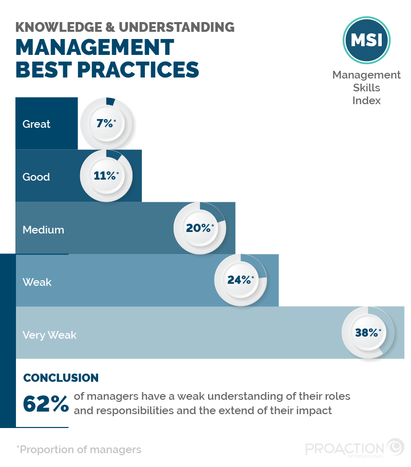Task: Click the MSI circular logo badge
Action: coord(366,41)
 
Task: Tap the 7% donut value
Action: coord(106,123)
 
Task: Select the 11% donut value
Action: coord(106,176)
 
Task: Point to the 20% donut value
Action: coord(199,228)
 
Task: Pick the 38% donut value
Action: coord(368,333)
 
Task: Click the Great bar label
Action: coord(36,124)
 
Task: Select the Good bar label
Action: coord(36,177)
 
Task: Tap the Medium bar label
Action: coord(43,230)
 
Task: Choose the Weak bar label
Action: coord(37,282)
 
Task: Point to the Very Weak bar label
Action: coord(49,335)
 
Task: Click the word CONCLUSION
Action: coord(61,378)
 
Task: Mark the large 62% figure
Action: coord(46,404)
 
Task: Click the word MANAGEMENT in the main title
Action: coord(95,48)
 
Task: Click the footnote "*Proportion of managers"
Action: coord(79,450)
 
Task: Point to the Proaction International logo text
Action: coord(344,449)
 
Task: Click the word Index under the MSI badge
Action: coord(366,101)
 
